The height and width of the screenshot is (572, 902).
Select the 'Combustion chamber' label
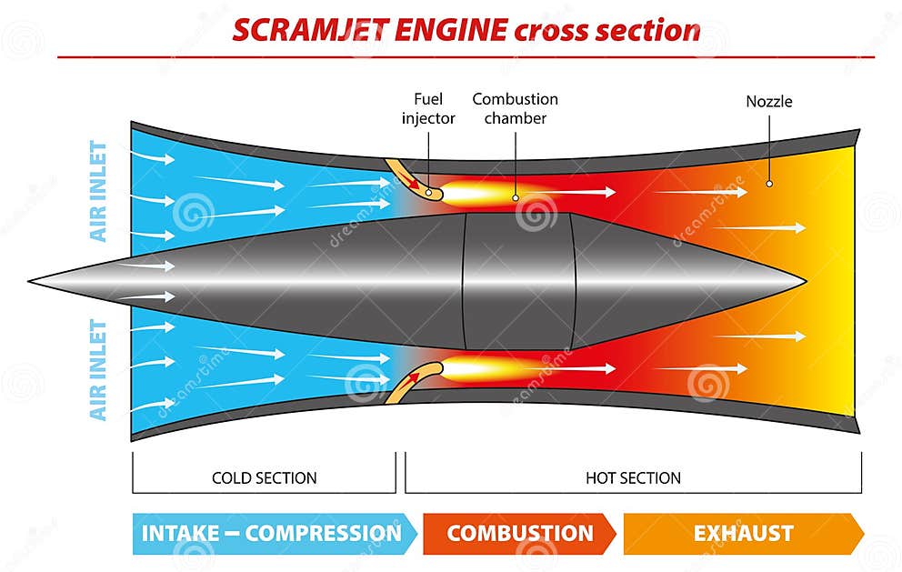pos(515,108)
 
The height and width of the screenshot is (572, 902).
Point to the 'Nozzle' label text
pos(768,102)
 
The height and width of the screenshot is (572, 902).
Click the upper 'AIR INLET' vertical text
pos(99,191)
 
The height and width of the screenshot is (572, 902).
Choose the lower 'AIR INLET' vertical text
pos(99,369)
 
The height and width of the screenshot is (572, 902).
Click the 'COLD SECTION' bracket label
pos(264,477)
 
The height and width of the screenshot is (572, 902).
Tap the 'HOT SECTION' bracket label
pos(633,477)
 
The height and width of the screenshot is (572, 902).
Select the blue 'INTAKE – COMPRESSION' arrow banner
pos(273,533)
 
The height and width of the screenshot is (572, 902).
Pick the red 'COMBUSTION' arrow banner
pos(519,533)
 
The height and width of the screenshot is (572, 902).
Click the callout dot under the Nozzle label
pos(768,183)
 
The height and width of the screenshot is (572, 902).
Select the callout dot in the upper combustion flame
pos(516,196)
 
